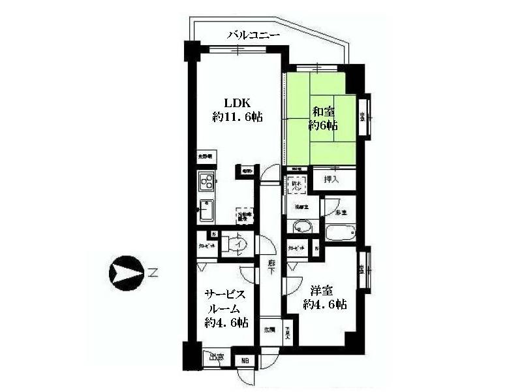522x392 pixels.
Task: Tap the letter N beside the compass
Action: point(152,273)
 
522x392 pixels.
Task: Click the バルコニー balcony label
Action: point(253,36)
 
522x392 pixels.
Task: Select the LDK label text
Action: point(237,103)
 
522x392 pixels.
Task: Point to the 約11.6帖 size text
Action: point(238,118)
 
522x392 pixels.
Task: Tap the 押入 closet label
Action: point(331,178)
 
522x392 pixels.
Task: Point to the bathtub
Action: point(340,233)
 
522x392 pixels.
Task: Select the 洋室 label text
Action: point(324,289)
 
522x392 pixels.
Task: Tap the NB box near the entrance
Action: point(245,361)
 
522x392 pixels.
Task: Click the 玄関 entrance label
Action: point(269,329)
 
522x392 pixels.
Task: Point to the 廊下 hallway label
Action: point(271,268)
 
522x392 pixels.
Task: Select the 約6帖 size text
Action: point(323,125)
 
